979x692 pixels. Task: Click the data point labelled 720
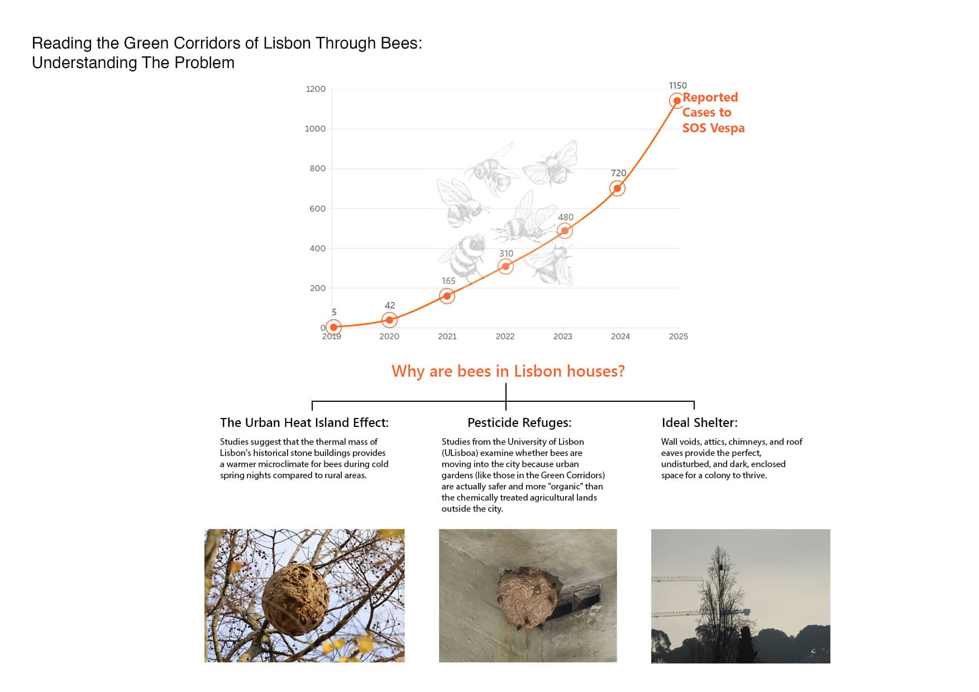[617, 189]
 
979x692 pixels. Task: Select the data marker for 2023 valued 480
[565, 230]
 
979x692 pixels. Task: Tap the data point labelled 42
[389, 320]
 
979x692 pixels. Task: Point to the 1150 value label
[677, 85]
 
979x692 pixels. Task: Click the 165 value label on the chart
[448, 281]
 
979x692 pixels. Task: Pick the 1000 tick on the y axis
[315, 129]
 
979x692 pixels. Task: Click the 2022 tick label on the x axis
[505, 337]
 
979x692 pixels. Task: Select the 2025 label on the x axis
[678, 337]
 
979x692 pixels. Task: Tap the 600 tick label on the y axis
[317, 209]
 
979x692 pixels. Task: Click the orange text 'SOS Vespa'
[713, 128]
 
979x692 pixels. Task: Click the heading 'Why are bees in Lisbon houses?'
[508, 371]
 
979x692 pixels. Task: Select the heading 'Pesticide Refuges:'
[519, 422]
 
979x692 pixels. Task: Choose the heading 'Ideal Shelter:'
[699, 422]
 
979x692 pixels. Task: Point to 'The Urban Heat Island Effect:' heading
[304, 422]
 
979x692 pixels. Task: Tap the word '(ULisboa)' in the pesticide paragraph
[460, 453]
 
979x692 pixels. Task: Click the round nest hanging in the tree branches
[295, 599]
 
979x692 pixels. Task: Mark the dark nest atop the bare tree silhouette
[720, 567]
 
